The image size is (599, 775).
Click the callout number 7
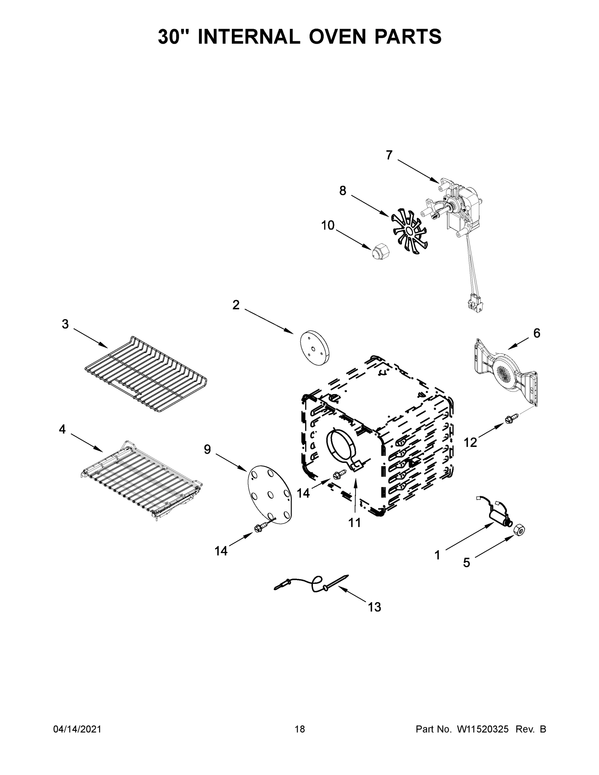click(x=389, y=155)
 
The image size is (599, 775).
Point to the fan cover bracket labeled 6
click(x=506, y=373)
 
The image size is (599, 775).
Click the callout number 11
click(x=355, y=523)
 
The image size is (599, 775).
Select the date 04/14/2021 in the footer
click(x=77, y=729)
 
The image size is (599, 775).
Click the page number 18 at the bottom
click(x=300, y=729)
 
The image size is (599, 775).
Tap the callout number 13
click(x=374, y=607)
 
